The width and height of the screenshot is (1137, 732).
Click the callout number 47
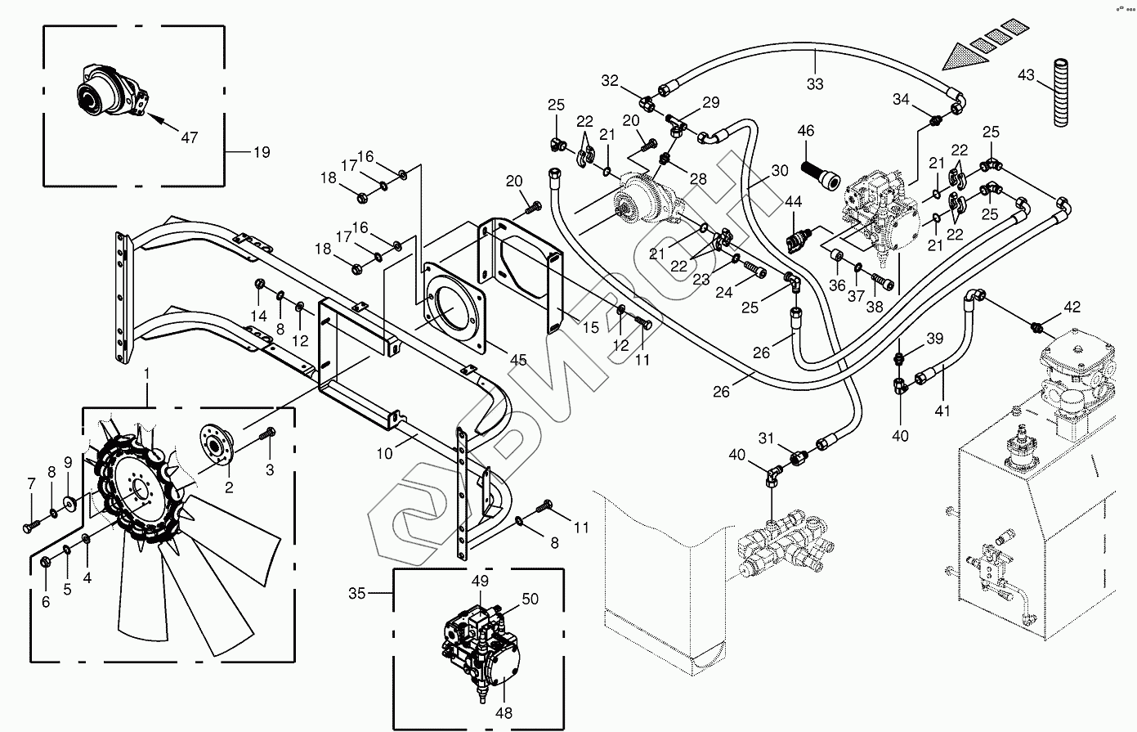190,137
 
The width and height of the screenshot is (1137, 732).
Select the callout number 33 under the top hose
815,83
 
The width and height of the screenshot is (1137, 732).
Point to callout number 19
262,152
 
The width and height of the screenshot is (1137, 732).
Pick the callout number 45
517,360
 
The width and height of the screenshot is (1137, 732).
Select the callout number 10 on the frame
384,454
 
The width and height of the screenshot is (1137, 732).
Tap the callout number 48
504,713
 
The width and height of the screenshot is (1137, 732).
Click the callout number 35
357,593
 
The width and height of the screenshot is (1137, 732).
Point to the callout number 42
1072,307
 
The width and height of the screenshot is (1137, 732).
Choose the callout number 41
942,411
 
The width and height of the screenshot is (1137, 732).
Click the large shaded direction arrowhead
964,56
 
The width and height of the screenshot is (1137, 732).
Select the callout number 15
590,328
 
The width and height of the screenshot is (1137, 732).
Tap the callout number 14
258,316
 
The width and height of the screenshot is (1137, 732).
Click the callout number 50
530,599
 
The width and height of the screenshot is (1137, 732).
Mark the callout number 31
767,438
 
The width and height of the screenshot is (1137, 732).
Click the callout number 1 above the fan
146,374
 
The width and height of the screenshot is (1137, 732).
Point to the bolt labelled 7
29,527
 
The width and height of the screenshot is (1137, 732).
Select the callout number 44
793,202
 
